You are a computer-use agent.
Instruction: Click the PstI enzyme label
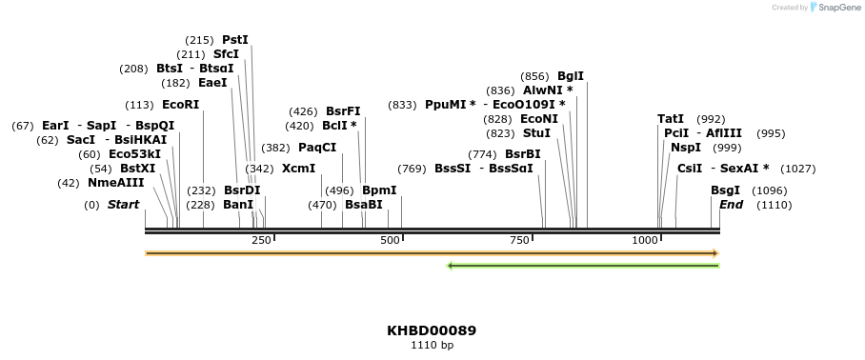tap(234, 40)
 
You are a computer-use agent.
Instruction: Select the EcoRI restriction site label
tap(181, 105)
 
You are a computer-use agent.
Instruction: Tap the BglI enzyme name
tap(571, 76)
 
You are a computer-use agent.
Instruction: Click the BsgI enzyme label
tap(725, 190)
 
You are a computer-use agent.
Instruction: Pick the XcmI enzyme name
tap(298, 169)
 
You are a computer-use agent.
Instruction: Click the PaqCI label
tap(317, 148)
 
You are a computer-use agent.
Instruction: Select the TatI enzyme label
tap(671, 119)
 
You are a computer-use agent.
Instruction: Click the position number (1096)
tap(769, 190)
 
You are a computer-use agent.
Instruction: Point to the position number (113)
tap(139, 105)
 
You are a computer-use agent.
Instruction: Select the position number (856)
tap(534, 76)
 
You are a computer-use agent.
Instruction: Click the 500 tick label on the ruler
tap(390, 240)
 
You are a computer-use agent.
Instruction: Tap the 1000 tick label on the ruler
tap(645, 240)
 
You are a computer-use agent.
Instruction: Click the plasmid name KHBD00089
tap(432, 331)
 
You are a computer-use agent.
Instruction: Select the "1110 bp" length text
tap(432, 345)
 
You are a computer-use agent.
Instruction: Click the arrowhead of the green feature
tap(451, 266)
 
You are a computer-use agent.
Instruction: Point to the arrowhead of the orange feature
tap(714, 253)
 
